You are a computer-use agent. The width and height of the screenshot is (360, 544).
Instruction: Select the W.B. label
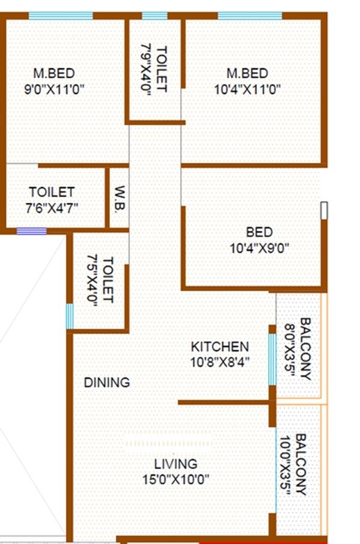tap(118, 198)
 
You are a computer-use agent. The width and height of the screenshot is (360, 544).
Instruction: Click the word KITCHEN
tap(220, 346)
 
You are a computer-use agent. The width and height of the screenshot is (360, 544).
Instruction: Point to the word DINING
tap(106, 382)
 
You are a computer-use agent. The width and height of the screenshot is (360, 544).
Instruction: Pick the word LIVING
tap(175, 464)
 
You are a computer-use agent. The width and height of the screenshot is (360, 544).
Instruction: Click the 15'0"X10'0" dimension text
tap(175, 480)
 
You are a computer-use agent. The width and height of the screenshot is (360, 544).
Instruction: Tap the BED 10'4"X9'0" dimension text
tap(259, 247)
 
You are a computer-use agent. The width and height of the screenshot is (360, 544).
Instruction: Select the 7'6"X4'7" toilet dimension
tap(52, 208)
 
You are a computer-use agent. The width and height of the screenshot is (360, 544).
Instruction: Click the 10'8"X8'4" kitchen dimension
tap(220, 362)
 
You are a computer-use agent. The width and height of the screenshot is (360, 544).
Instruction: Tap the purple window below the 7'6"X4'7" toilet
tap(31, 231)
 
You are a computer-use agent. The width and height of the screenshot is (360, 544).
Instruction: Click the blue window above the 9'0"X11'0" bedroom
tap(61, 16)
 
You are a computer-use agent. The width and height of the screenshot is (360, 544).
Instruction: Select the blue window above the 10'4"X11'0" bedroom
tap(250, 16)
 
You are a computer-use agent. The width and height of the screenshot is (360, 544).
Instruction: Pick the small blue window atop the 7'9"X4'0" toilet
tap(155, 16)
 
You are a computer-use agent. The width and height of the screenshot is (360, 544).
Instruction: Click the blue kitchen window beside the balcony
tap(272, 359)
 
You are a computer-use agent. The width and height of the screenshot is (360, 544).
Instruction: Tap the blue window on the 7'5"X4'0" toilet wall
tap(70, 316)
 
